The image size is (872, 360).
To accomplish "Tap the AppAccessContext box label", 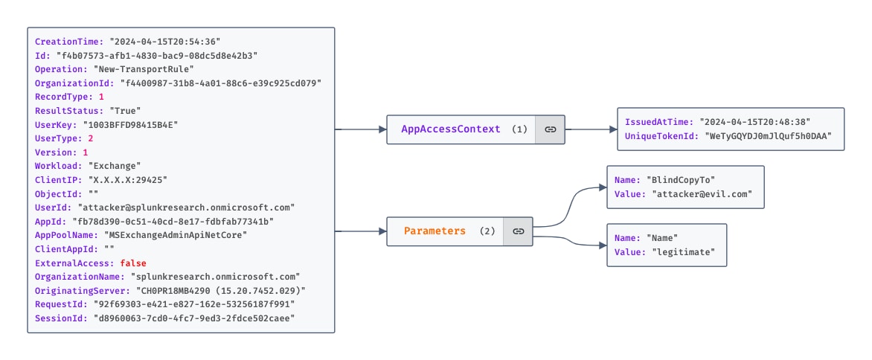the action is tap(451, 129).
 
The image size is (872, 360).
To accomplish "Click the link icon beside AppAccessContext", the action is tap(550, 129).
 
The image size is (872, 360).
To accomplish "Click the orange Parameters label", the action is tap(435, 231).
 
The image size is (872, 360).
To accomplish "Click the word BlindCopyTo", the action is tap(679, 180).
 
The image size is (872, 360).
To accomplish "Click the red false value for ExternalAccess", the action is tap(133, 263).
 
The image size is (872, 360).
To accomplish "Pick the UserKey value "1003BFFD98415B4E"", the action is tap(131, 124).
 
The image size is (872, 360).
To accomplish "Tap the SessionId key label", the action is tap(57, 318).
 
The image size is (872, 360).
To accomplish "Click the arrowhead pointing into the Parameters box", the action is tap(382, 231).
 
